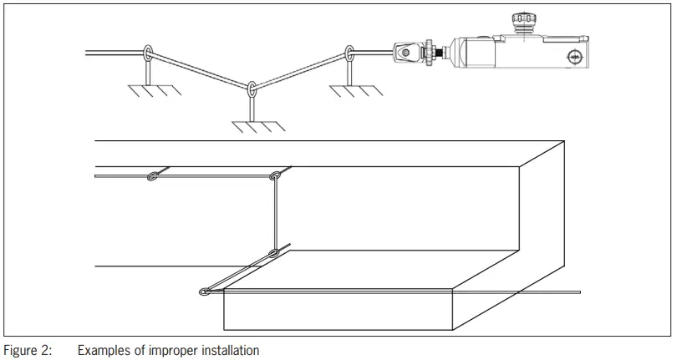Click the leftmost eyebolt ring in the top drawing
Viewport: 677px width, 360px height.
coord(147,54)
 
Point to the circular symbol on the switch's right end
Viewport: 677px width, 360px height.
coord(574,56)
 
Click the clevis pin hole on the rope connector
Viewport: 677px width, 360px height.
coord(405,53)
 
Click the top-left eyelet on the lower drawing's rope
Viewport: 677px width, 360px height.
coord(153,176)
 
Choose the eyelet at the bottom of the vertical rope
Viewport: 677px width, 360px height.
coord(275,252)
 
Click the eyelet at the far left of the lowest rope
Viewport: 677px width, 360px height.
coord(205,292)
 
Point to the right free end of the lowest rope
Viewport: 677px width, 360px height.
coord(578,292)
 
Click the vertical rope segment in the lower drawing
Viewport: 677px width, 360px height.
coord(275,214)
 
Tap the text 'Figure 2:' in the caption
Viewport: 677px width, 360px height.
coord(28,350)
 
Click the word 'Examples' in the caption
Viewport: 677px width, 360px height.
coord(102,350)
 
